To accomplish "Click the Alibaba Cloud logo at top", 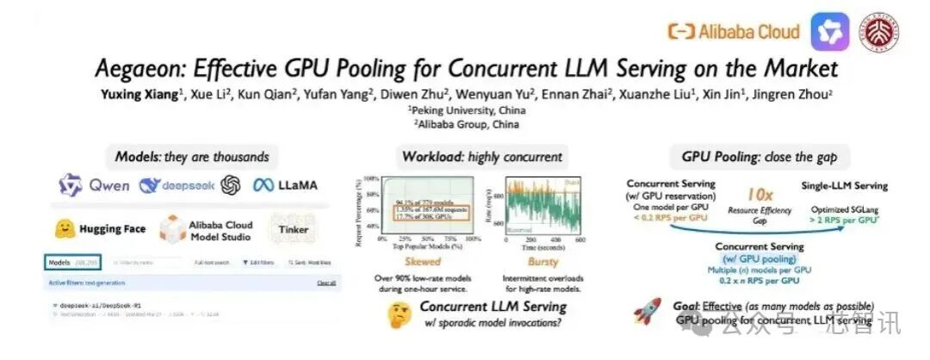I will pyautogui.click(x=734, y=32).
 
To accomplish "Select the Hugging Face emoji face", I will pyautogui.click(x=64, y=229).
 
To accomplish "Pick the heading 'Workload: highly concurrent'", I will pyautogui.click(x=482, y=157).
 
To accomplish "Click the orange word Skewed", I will pyautogui.click(x=417, y=261).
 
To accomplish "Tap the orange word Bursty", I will pyautogui.click(x=542, y=261).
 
